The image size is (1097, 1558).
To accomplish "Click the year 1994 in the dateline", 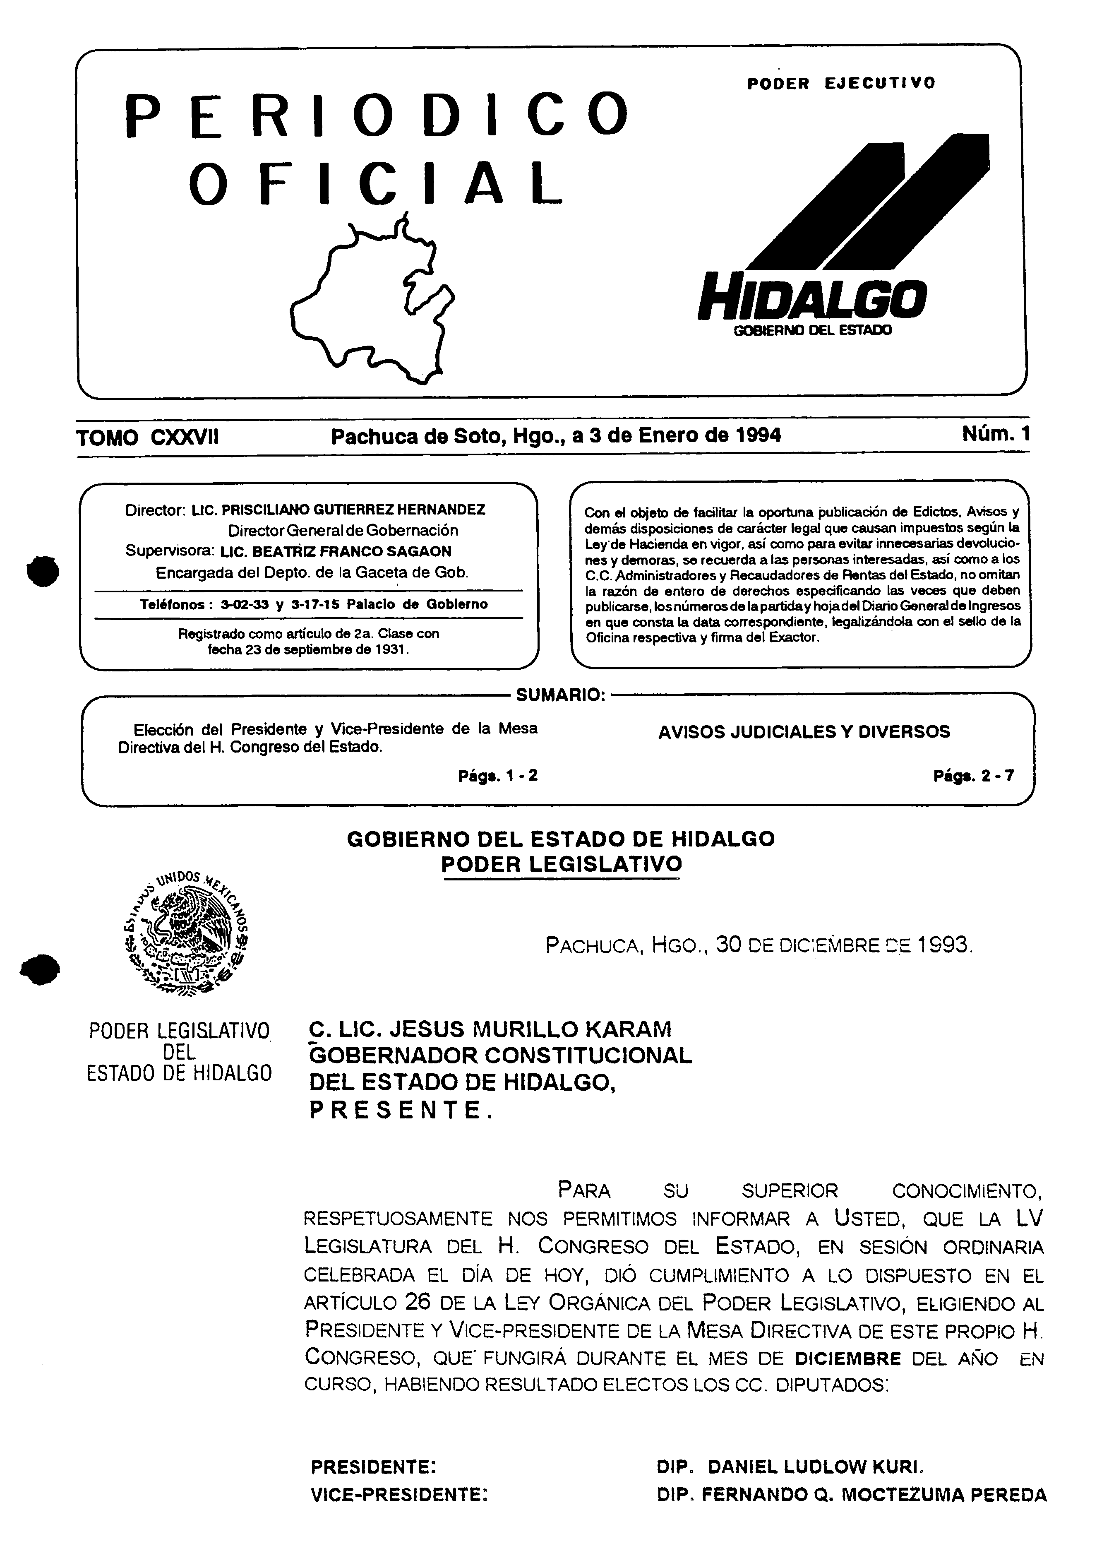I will tap(756, 435).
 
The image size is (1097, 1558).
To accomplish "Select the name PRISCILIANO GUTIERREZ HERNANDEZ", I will tap(353, 509).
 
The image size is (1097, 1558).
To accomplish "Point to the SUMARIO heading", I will tap(560, 695).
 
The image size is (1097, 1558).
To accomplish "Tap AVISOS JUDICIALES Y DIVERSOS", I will tap(804, 731).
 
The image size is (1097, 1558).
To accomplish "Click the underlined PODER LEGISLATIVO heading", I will tap(561, 865).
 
